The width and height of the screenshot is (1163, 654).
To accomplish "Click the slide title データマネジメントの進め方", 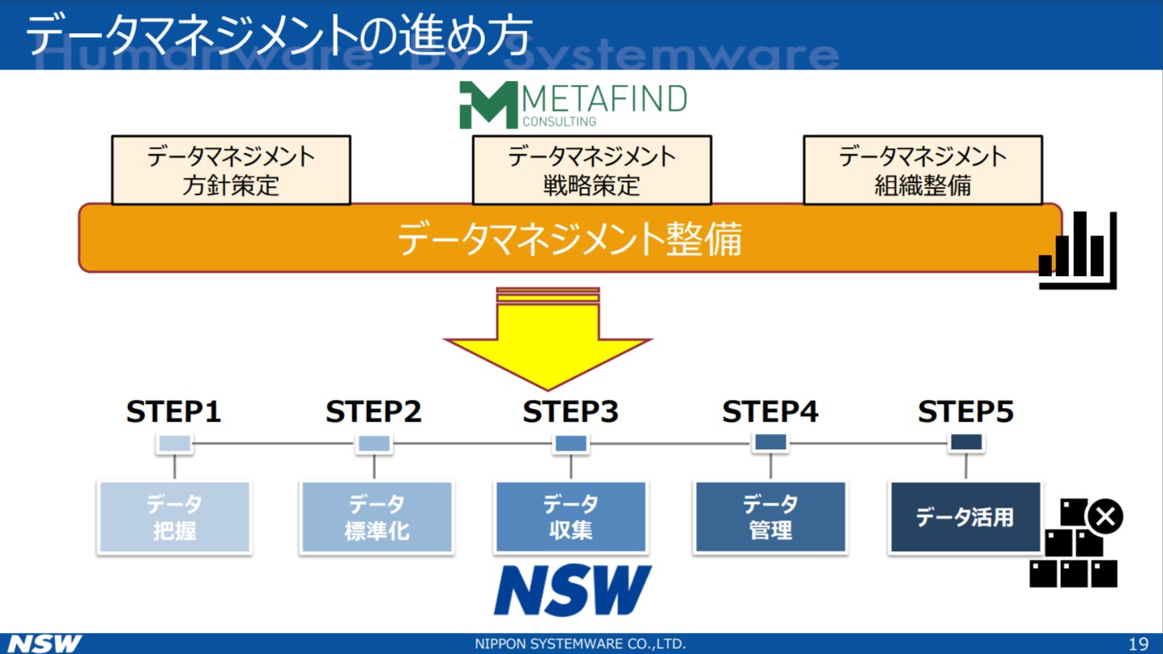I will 279,35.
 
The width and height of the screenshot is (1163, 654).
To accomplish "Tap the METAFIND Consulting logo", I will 573,105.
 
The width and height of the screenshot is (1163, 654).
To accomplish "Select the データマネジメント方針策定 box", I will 231,170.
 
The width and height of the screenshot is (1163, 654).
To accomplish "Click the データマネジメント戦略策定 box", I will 591,170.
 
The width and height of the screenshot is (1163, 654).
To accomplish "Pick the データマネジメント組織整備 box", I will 922,170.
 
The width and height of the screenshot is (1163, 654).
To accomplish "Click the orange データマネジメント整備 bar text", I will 569,239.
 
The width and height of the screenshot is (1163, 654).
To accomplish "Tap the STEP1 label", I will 174,412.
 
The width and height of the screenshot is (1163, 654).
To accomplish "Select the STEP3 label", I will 570,412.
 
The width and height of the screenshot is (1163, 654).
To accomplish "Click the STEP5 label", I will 965,412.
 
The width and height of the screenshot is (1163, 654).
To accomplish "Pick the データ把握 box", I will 174,517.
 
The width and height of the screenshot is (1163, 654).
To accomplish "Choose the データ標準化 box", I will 377,517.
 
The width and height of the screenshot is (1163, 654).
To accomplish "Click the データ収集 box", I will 571,517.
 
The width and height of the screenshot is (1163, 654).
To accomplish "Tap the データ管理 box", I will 770,517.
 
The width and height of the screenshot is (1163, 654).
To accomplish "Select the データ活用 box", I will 965,517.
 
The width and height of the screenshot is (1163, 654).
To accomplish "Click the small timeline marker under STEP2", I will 374,444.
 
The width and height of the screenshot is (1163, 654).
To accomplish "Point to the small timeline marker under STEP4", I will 770,443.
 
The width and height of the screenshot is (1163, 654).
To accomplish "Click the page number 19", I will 1138,644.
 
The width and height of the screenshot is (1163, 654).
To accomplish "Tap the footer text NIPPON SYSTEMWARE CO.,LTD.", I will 580,644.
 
